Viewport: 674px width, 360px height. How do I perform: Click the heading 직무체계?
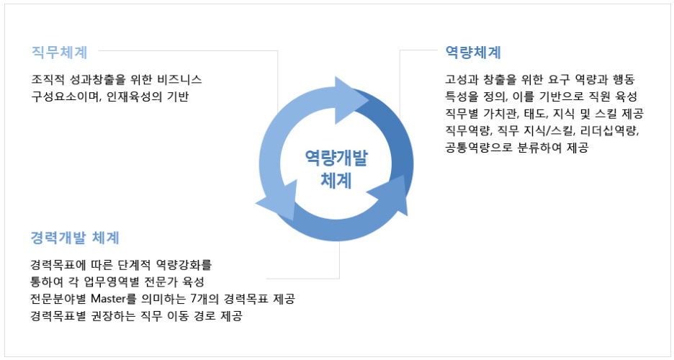click(60, 52)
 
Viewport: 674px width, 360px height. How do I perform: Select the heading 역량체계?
click(473, 52)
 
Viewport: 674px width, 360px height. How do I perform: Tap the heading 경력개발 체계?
click(75, 238)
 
